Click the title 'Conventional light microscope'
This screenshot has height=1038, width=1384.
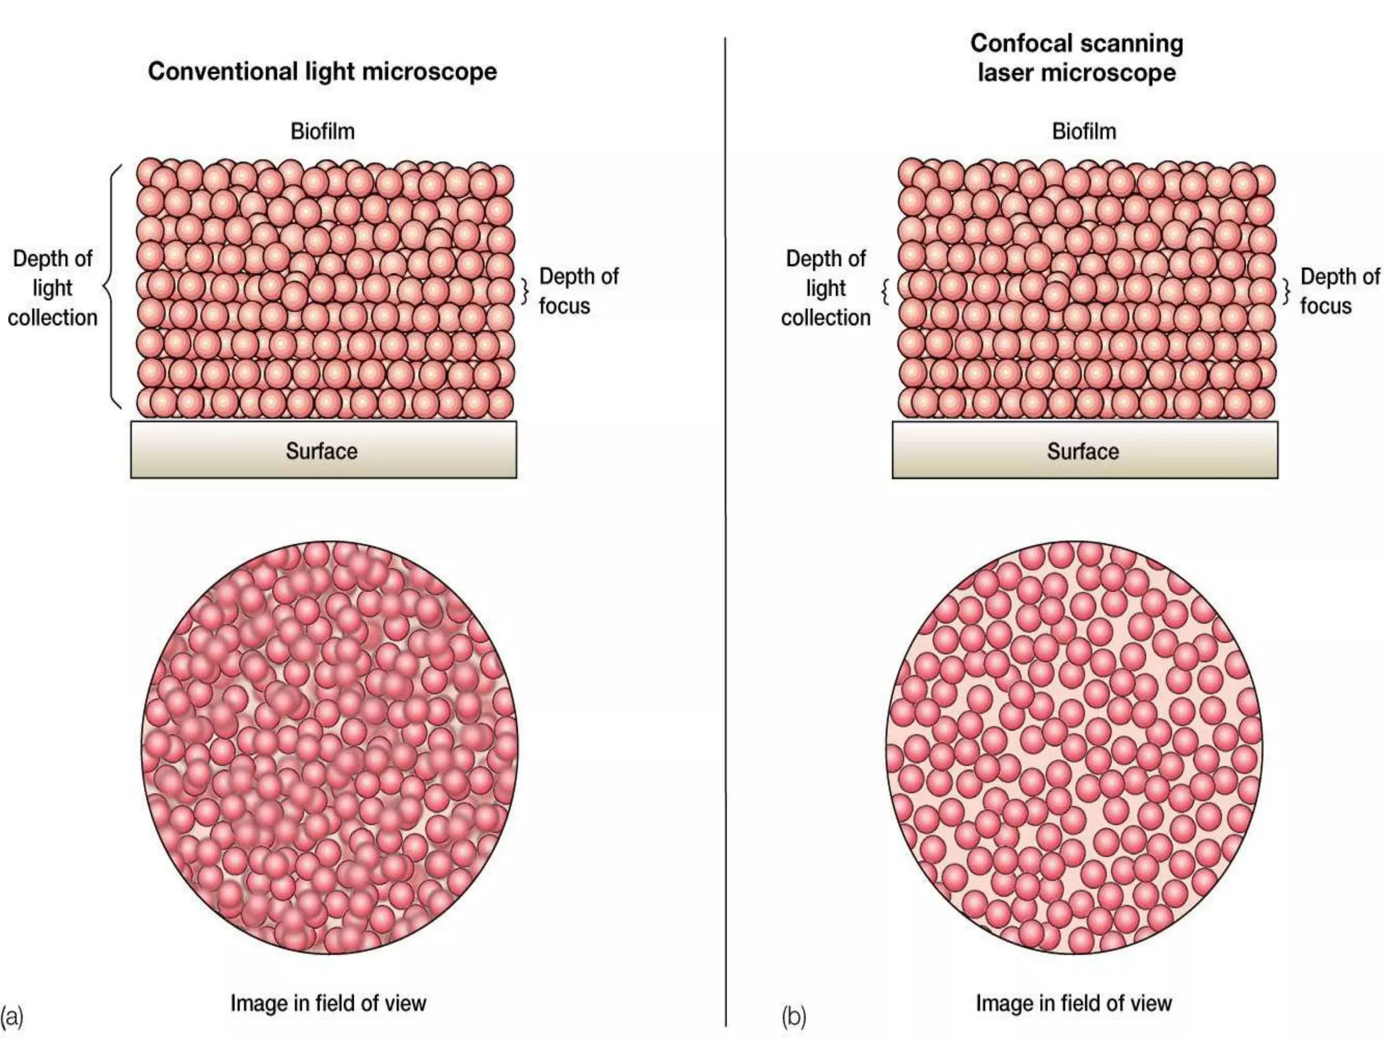(322, 72)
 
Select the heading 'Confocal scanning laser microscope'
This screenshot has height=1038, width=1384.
(1077, 58)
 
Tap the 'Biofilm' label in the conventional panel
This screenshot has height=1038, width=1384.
(322, 131)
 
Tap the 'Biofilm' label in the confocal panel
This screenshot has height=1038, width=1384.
(1084, 131)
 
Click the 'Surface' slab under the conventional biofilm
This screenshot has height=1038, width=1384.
(323, 450)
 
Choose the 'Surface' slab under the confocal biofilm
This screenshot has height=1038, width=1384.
(1085, 450)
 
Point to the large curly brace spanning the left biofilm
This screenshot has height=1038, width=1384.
(112, 287)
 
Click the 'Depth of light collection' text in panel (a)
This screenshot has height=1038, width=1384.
(53, 288)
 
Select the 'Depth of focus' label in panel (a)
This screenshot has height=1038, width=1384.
(578, 291)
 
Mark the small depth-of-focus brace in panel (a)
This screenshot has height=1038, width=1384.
(524, 291)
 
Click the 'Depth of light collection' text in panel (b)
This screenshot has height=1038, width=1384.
(826, 288)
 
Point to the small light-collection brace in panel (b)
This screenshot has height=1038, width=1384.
(885, 291)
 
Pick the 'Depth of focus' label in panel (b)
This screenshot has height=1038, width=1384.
(1340, 291)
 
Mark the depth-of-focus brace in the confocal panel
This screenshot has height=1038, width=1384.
(1286, 291)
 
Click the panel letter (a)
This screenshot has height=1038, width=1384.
(11, 1016)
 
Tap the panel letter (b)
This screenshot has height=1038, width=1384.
(794, 1016)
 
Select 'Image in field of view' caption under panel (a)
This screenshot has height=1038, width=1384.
(328, 1004)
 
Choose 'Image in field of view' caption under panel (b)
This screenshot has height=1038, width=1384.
(1074, 1004)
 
